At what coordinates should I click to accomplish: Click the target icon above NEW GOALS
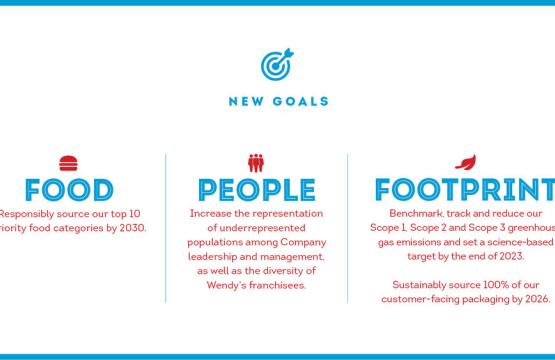(x=277, y=66)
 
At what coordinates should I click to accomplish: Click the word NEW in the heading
(x=245, y=101)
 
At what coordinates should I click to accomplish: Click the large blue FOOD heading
(x=68, y=190)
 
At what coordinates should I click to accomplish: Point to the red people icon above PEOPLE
(x=256, y=162)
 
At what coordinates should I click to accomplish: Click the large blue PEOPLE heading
(x=256, y=190)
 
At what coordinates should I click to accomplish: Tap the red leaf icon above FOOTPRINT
(x=465, y=161)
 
